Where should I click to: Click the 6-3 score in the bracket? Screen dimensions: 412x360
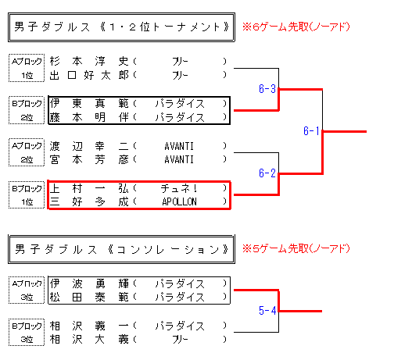pos(267,89)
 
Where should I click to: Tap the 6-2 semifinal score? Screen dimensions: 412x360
pos(267,173)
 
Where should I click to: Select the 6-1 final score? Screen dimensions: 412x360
pos(311,130)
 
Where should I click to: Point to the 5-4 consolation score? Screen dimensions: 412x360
pos(267,310)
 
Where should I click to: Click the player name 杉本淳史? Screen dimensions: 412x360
pos(89,62)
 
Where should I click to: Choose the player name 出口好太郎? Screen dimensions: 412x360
pos(89,75)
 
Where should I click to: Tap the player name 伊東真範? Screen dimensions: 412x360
pos(89,103)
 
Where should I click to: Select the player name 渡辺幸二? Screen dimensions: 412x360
pos(89,146)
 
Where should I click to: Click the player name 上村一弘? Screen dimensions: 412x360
pos(89,188)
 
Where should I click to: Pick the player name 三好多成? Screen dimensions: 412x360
pos(89,201)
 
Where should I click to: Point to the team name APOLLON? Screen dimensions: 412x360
pos(179,201)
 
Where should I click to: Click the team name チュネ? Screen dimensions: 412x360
pos(179,188)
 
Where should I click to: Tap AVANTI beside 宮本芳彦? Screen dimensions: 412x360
pos(179,159)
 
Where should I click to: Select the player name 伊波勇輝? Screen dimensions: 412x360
pos(89,283)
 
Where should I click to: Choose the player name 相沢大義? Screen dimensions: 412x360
pos(89,340)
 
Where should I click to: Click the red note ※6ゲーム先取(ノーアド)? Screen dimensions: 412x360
pos(296,27)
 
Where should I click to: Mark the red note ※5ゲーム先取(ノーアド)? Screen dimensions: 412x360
pos(296,248)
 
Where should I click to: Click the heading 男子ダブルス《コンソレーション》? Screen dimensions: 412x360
pos(121,250)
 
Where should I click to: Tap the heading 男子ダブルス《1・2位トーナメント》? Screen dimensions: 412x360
pos(121,27)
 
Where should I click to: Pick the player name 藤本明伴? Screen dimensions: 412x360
pos(89,117)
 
